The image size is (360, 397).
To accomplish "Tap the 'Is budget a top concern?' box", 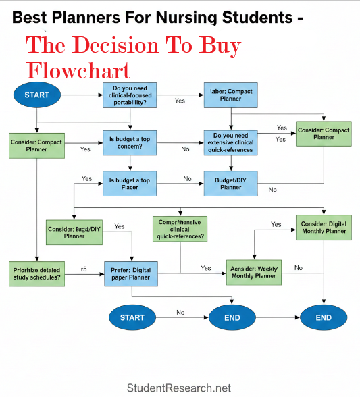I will (x=130, y=143).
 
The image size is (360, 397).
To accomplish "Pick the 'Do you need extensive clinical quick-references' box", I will (x=230, y=143).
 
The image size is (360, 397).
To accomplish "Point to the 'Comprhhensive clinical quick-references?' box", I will (x=180, y=229).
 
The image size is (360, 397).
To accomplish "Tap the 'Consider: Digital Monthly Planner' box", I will (x=324, y=228).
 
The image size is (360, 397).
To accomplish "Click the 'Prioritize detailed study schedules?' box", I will (x=37, y=273).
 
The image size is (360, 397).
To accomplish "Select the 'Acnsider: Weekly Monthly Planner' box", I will (x=253, y=272).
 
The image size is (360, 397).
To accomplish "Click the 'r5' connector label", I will (x=84, y=269).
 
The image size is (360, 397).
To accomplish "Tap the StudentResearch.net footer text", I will (x=179, y=388).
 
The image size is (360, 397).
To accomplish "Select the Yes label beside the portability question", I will (x=180, y=101).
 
